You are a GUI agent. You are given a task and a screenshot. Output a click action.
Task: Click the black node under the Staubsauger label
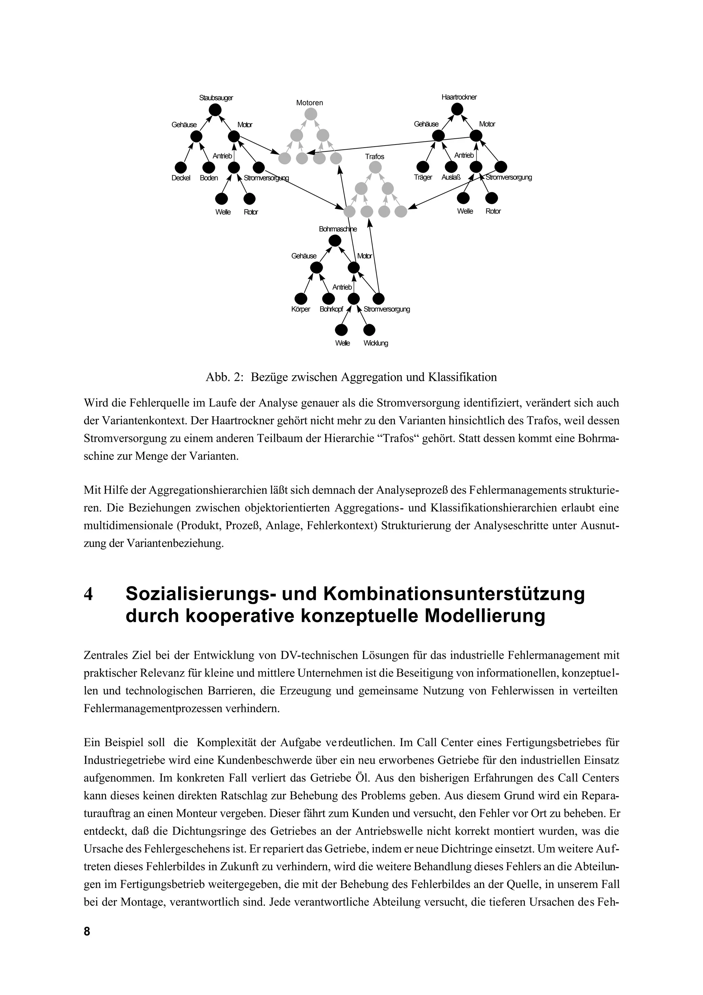coord(215,110)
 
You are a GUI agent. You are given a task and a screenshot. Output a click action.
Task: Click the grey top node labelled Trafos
coord(375,167)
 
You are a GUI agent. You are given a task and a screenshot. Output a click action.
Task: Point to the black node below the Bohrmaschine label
coord(335,241)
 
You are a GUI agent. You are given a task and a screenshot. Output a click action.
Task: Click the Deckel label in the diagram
coord(181,178)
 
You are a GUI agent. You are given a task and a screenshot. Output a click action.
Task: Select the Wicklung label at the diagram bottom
coord(376,343)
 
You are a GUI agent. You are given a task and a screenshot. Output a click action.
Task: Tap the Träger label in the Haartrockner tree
coord(423,177)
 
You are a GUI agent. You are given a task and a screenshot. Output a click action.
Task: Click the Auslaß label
coord(451,177)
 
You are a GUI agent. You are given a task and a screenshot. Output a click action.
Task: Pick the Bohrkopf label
coord(331,309)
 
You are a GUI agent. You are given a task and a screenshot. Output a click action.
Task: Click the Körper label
coord(301,309)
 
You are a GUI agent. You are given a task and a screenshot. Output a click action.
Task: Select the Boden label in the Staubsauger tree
coord(209,178)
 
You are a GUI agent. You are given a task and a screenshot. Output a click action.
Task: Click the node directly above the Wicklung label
coord(369,330)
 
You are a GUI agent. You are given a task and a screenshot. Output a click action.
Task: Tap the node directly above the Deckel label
coord(181,167)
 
